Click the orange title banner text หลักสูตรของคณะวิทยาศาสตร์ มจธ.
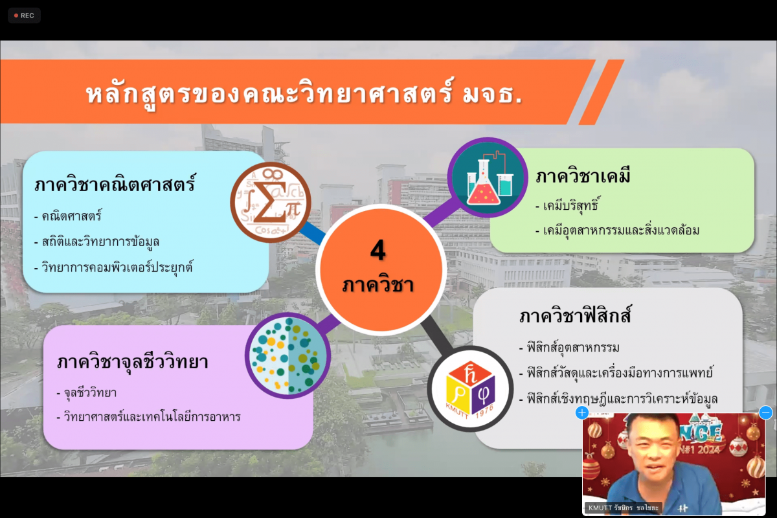point(304,95)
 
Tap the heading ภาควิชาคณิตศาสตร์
point(115,184)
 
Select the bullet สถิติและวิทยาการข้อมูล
point(96,242)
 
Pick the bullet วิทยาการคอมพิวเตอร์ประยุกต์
point(113,267)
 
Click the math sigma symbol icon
point(271,202)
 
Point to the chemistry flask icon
point(488,178)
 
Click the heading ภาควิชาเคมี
point(583,176)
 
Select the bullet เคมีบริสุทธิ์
point(568,205)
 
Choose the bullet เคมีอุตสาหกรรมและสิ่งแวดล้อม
point(618,231)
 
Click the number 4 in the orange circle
point(377,250)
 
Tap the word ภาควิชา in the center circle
point(377,286)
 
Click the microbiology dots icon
point(287,355)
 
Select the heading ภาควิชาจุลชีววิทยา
point(133,362)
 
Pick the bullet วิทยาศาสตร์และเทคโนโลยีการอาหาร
point(148,416)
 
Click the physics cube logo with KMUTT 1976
point(470,388)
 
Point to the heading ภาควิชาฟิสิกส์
point(574,316)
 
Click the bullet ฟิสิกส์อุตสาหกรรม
point(569,347)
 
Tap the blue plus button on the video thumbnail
point(581,413)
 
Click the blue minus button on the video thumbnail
point(765,413)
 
